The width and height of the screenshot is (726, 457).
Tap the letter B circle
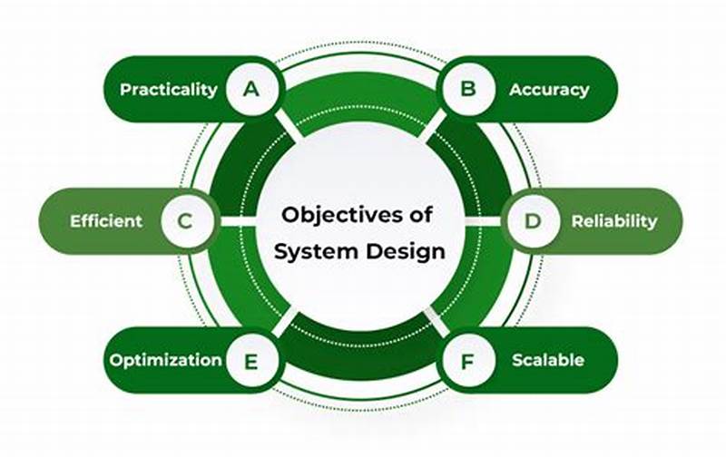click(468, 89)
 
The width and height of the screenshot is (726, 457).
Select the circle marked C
click(185, 221)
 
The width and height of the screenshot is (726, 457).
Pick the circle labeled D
click(534, 221)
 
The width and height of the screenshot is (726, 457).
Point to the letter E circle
click(250, 360)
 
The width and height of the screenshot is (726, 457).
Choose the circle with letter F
click(468, 360)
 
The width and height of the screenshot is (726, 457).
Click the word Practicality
click(169, 90)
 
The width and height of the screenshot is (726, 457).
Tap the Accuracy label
click(549, 90)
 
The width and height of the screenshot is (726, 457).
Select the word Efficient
click(106, 221)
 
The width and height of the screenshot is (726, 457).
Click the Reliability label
click(614, 221)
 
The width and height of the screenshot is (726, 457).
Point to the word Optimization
click(166, 360)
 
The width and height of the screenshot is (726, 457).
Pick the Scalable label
click(548, 360)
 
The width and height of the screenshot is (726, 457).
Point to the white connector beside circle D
click(487, 221)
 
